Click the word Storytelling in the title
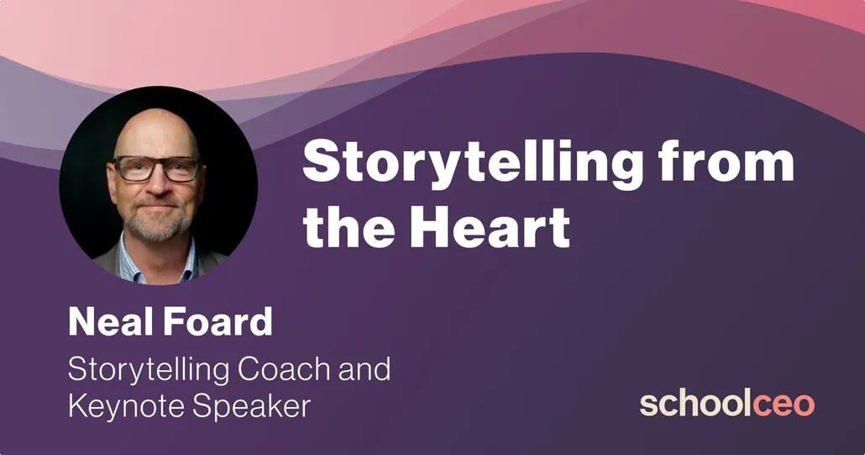(x=472, y=164)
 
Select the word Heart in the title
(x=490, y=226)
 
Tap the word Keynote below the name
(x=126, y=406)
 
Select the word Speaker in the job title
(x=252, y=407)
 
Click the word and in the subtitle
(x=364, y=369)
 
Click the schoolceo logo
(x=727, y=404)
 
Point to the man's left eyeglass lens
(x=181, y=170)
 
